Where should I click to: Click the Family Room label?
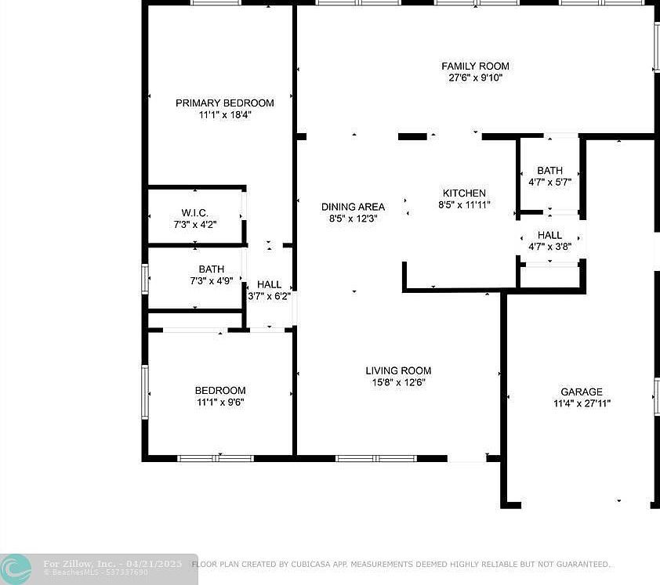click(475, 67)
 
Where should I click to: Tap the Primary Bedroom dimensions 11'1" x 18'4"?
click(224, 115)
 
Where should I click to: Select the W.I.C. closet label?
click(194, 213)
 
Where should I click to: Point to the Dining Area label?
click(353, 207)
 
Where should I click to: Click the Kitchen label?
click(464, 193)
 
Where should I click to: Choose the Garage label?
click(581, 392)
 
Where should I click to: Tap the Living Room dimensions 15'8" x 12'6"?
click(398, 383)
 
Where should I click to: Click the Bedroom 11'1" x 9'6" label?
click(220, 390)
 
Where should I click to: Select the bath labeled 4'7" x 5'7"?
click(549, 171)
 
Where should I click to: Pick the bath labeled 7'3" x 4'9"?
click(211, 269)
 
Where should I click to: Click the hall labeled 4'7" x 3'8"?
click(549, 235)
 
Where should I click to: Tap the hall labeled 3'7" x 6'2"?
click(269, 285)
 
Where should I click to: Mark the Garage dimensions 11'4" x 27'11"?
click(581, 404)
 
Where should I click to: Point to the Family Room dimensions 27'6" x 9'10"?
click(475, 78)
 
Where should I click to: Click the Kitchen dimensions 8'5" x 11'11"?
click(464, 205)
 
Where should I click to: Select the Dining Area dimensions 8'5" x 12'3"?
click(353, 219)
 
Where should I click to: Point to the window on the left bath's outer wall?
click(145, 279)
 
